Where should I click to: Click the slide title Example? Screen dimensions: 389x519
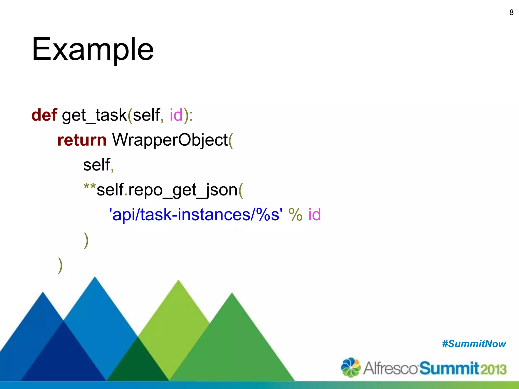click(x=93, y=49)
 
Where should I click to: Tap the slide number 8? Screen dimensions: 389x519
click(x=511, y=12)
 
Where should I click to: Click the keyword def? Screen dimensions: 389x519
click(x=44, y=115)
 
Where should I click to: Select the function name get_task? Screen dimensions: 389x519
click(x=94, y=115)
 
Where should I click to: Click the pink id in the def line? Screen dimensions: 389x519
click(x=176, y=115)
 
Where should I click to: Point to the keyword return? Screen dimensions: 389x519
click(x=82, y=140)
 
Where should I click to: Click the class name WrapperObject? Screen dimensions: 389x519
click(x=170, y=140)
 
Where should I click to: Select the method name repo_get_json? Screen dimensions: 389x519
click(x=182, y=190)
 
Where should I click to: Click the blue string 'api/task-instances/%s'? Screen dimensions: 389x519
click(x=195, y=215)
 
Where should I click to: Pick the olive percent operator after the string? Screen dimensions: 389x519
click(x=295, y=215)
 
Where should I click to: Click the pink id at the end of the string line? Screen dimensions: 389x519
click(x=314, y=215)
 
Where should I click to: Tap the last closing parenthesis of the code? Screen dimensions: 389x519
click(x=60, y=265)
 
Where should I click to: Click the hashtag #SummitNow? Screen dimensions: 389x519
click(x=474, y=344)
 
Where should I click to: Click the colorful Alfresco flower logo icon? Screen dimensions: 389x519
click(x=351, y=367)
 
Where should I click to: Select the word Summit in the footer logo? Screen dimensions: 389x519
click(x=449, y=368)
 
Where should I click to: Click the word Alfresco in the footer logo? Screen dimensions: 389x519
click(x=390, y=368)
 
